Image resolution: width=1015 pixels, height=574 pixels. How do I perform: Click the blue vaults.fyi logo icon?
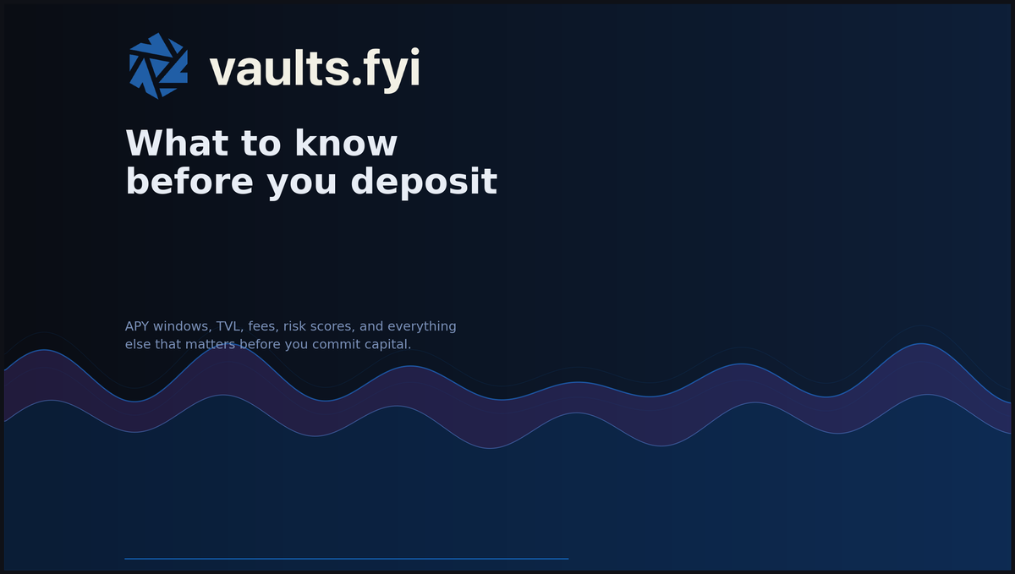(158, 66)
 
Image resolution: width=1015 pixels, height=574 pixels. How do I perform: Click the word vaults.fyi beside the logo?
(315, 68)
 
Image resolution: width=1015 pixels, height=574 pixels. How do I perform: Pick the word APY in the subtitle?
(137, 326)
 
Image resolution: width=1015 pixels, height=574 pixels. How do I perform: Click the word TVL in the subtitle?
(228, 326)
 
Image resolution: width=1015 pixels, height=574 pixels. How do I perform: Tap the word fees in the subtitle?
(262, 326)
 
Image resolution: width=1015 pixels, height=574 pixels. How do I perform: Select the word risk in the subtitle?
(296, 326)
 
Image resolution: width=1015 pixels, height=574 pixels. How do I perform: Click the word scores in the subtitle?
(335, 326)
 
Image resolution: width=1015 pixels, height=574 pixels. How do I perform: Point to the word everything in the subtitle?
(421, 326)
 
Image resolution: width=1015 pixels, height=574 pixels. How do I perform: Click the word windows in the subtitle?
(182, 326)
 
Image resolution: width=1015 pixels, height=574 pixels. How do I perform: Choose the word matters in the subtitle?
(211, 345)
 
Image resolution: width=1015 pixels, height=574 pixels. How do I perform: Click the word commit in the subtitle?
(337, 345)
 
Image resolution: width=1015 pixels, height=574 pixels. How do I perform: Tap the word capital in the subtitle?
(387, 345)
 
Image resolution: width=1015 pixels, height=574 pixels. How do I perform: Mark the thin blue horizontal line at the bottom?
(346, 559)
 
